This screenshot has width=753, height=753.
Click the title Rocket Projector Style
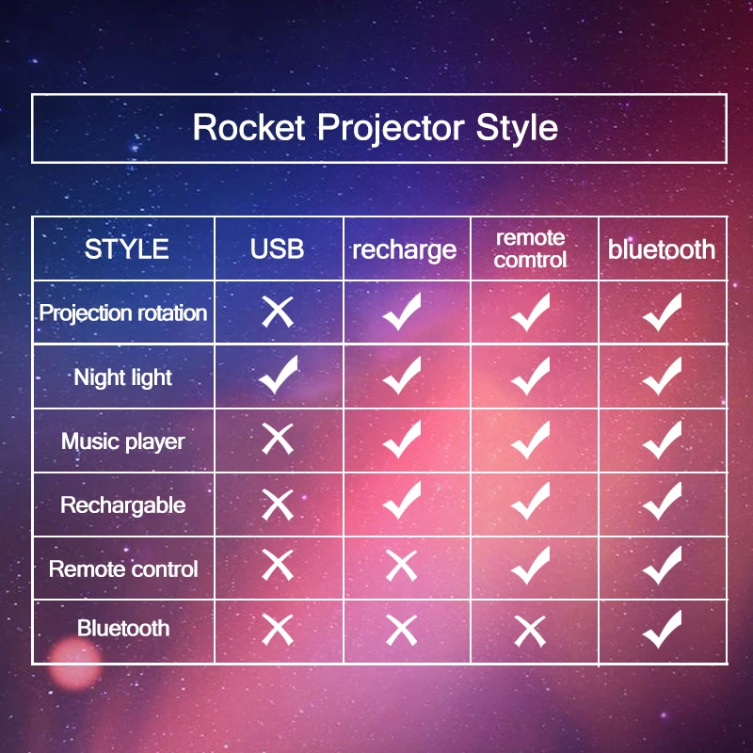(376, 128)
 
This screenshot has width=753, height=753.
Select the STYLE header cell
(126, 249)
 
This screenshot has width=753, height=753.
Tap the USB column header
(278, 249)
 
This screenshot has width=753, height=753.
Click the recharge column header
(404, 250)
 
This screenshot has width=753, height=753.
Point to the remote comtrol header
(530, 248)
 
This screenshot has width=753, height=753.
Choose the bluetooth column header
(661, 249)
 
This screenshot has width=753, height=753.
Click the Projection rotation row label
(123, 312)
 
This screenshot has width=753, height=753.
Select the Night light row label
(123, 377)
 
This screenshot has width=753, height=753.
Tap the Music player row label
(123, 441)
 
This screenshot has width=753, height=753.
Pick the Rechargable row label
(123, 505)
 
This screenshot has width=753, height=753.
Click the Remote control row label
(123, 569)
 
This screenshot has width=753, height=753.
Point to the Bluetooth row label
(123, 628)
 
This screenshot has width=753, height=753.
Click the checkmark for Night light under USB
(278, 376)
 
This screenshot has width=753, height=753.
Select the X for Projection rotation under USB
(278, 312)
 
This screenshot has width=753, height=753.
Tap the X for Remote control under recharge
(402, 566)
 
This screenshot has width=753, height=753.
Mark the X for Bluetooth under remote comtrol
(530, 629)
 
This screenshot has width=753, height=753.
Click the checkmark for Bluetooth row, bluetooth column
(662, 628)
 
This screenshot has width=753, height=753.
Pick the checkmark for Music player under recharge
(402, 439)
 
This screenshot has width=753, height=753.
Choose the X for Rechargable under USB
(278, 504)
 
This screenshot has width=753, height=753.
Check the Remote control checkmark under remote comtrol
(530, 565)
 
